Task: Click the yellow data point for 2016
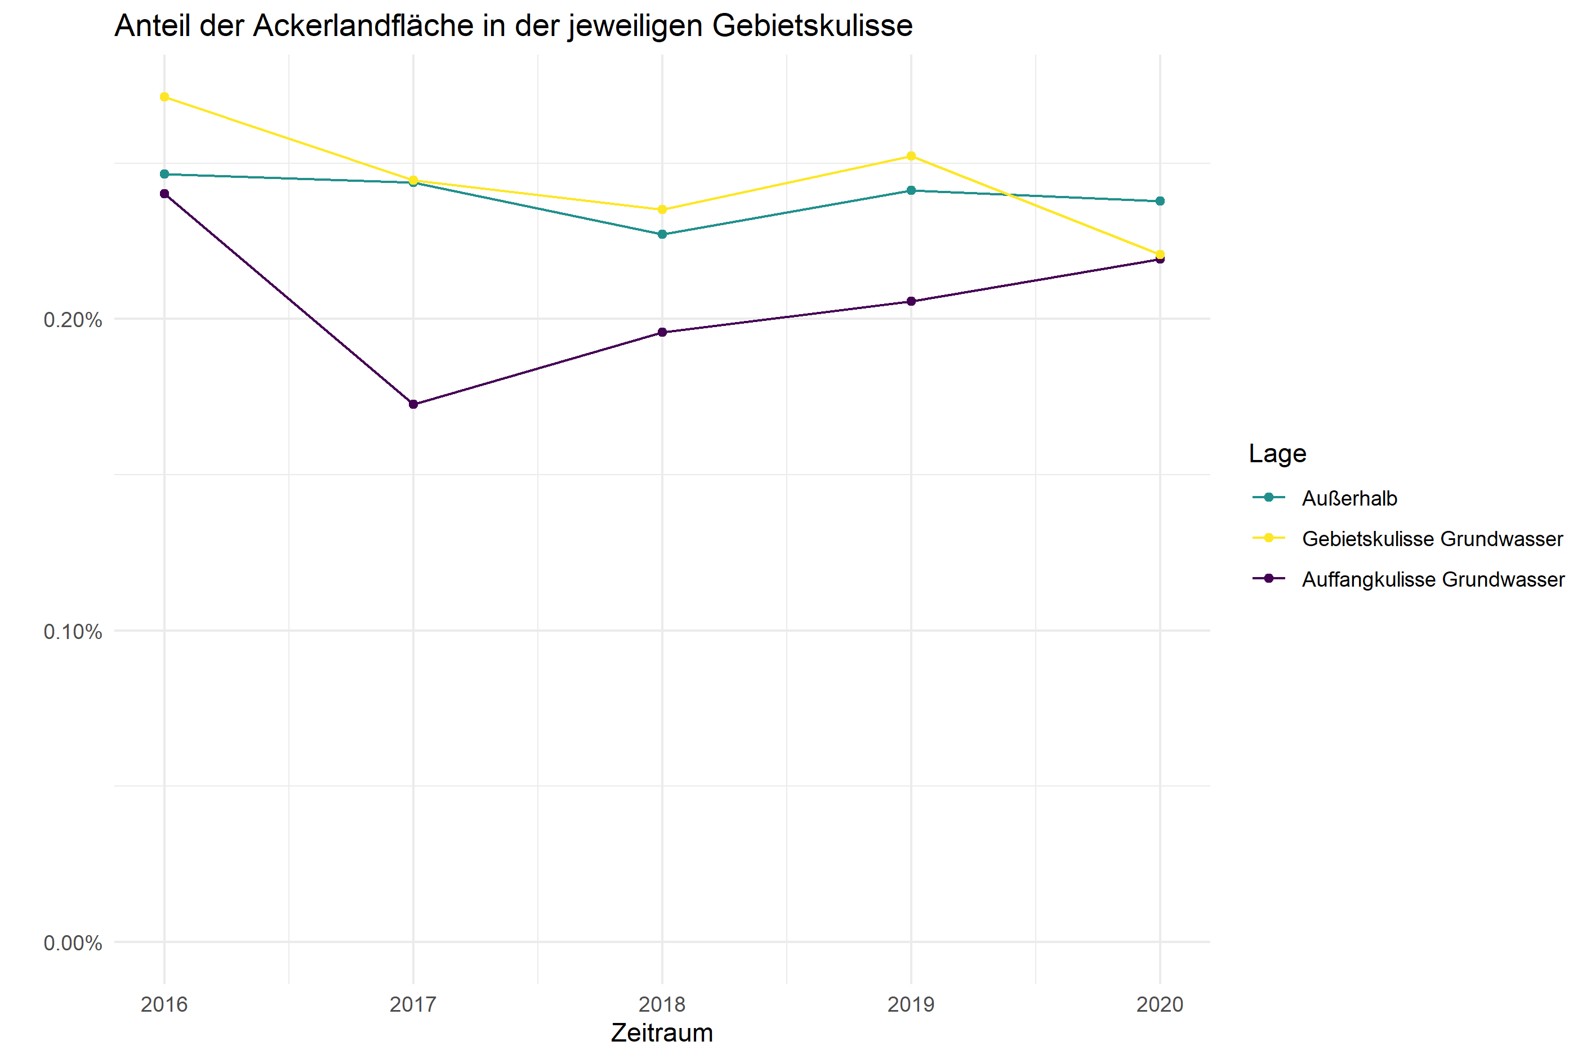(164, 97)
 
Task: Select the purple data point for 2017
(413, 405)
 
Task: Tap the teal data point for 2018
(662, 234)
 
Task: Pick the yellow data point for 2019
(911, 156)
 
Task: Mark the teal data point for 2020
(1160, 201)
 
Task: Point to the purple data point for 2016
(164, 194)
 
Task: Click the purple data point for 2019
(911, 301)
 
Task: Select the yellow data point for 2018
(662, 209)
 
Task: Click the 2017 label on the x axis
(413, 1004)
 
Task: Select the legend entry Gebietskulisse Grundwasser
(1432, 539)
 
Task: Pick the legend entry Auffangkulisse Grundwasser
(1433, 579)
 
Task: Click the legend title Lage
(1277, 453)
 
